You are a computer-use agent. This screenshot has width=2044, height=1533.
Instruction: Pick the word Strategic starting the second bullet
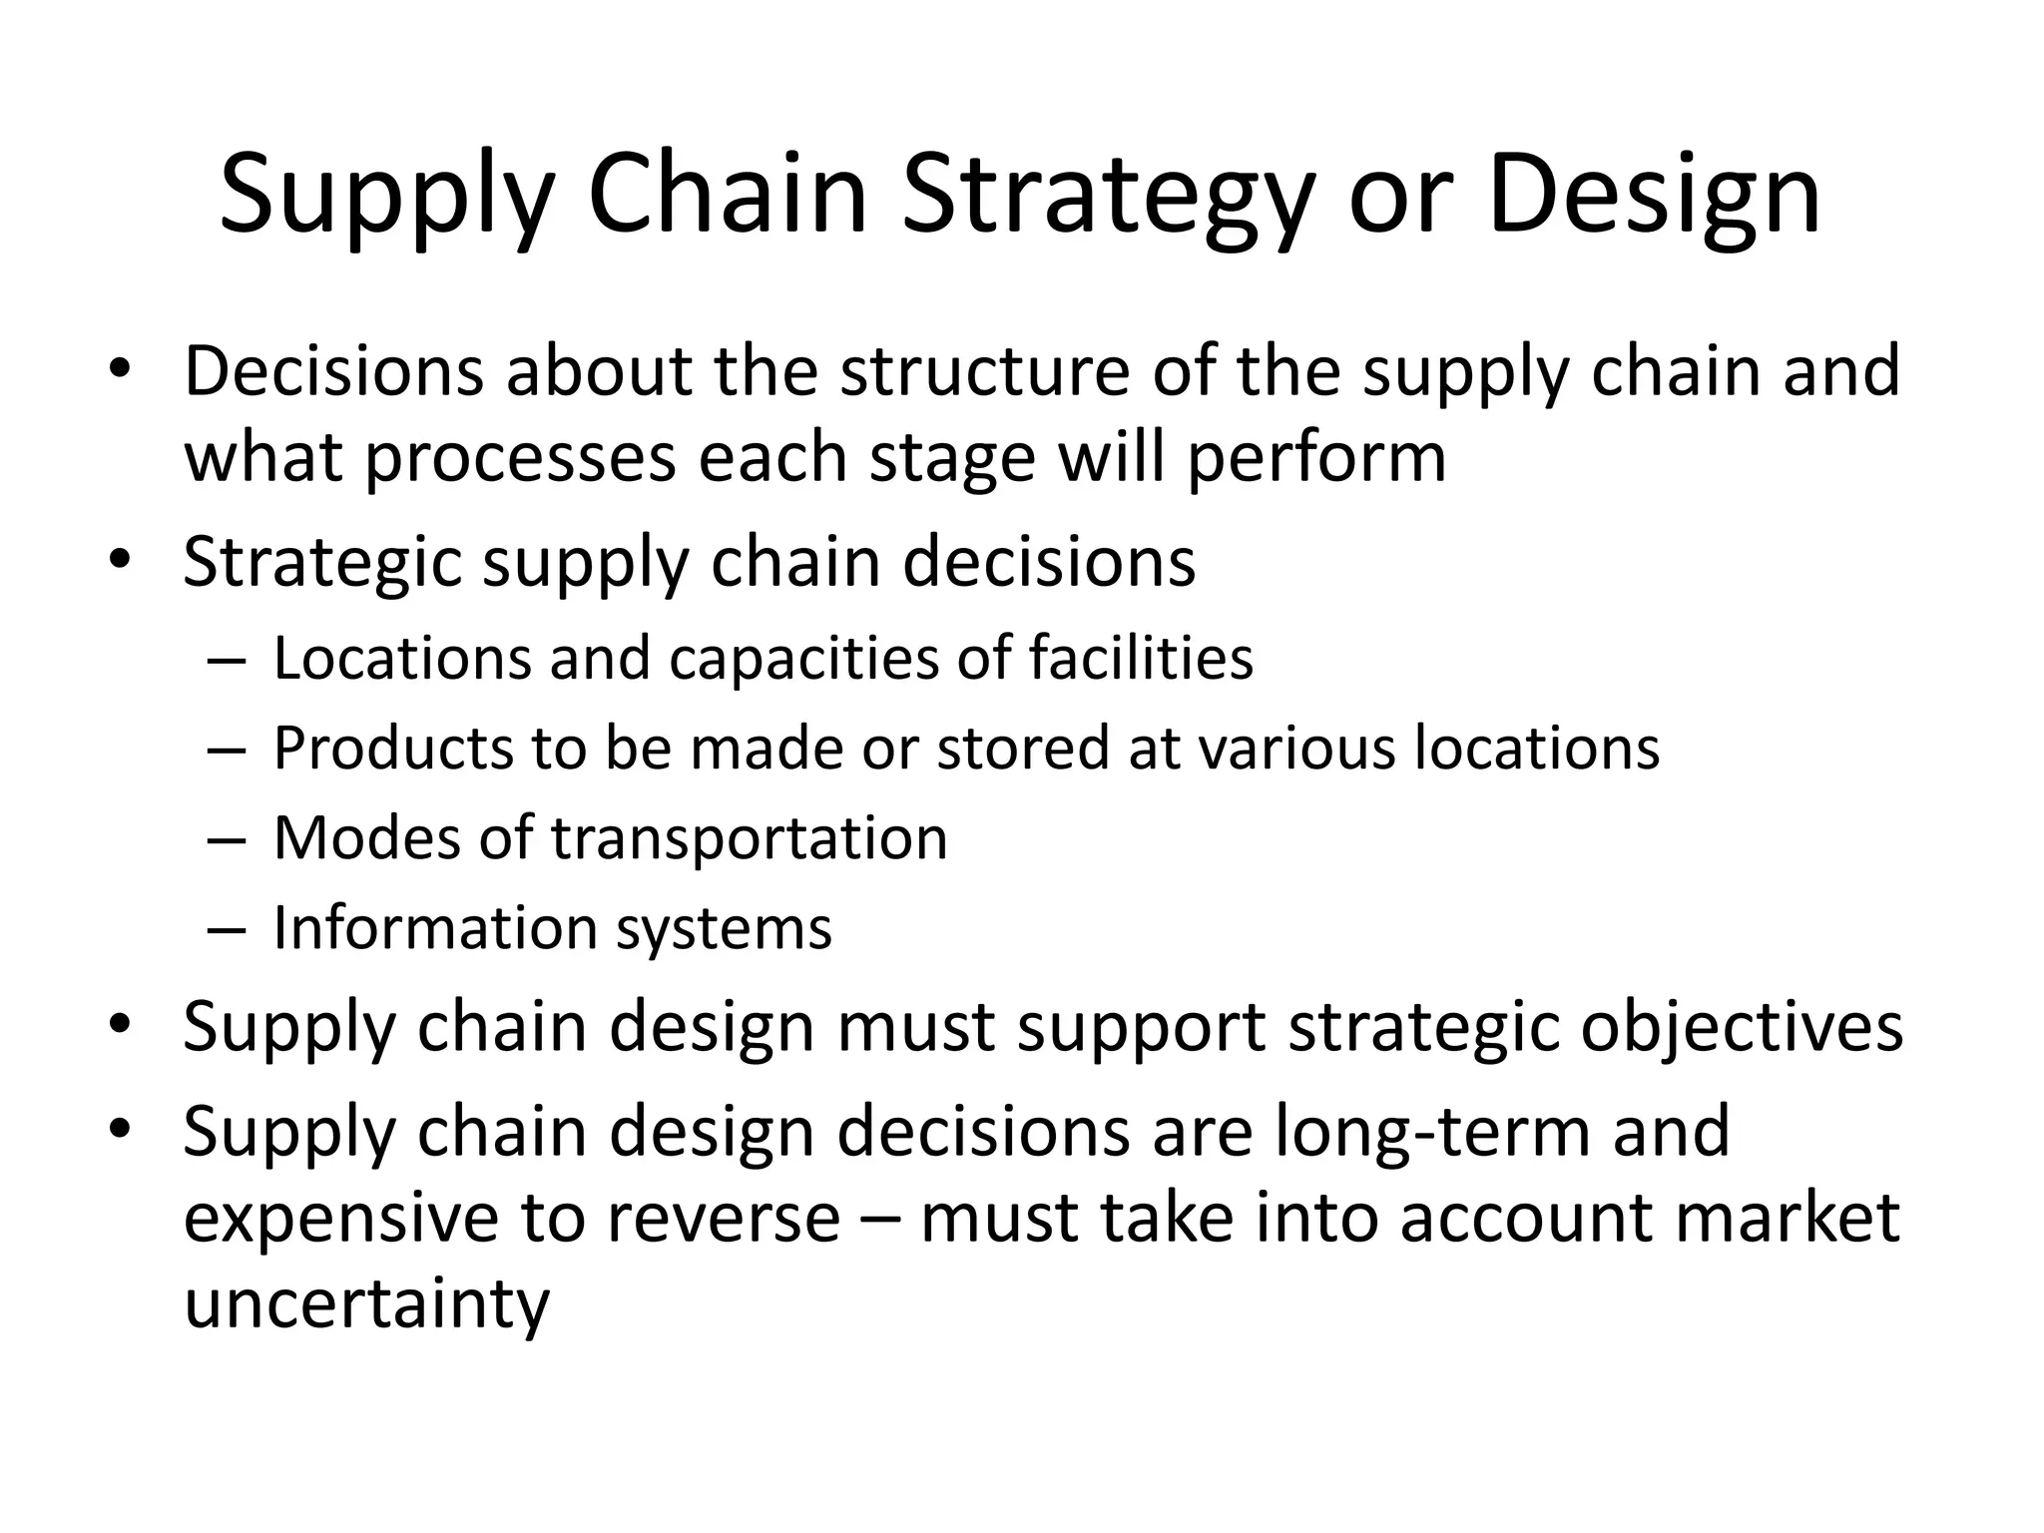[x=322, y=562]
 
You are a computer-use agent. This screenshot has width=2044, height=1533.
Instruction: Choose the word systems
[x=724, y=929]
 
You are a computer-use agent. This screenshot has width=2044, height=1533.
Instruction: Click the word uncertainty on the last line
[x=366, y=1305]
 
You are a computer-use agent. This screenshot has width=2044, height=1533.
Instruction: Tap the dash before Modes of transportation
[x=228, y=839]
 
